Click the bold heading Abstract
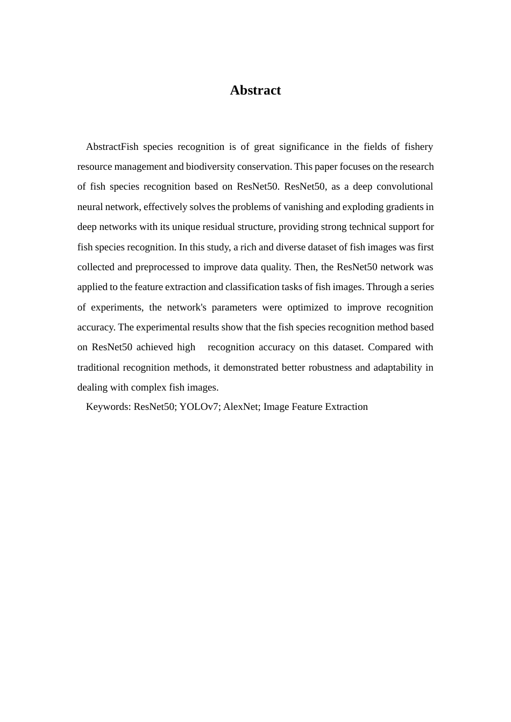[x=255, y=90]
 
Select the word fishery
[x=418, y=147]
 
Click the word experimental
[x=165, y=327]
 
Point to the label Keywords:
[x=108, y=407]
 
